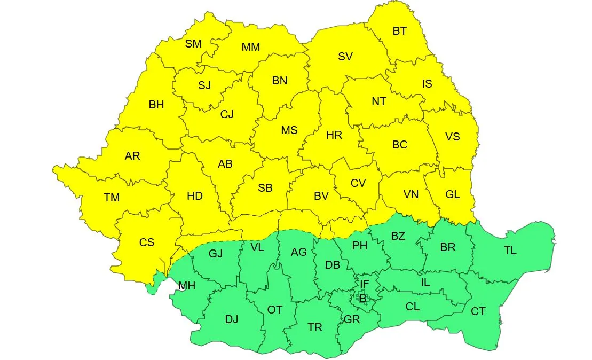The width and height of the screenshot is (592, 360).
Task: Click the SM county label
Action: (193, 44)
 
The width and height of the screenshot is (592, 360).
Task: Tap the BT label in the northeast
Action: (399, 31)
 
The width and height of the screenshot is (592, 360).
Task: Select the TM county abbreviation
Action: (112, 198)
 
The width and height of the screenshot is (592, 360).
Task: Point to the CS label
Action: (147, 242)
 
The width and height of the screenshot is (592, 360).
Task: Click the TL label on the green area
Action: (510, 250)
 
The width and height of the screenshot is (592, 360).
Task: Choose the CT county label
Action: (478, 311)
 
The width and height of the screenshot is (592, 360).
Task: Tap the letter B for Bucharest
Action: (363, 299)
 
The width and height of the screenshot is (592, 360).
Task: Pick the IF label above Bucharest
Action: (364, 284)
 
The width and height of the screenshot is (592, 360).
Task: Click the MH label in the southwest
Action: (187, 286)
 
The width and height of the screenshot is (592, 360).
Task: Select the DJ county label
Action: (232, 319)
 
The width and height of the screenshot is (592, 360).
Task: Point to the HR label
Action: (334, 136)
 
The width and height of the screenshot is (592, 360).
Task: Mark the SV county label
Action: (345, 57)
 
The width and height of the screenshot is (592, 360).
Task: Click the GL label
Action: (453, 194)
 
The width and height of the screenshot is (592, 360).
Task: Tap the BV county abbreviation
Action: (321, 196)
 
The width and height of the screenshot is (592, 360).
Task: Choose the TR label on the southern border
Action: (315, 327)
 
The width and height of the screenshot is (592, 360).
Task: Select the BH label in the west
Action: (156, 105)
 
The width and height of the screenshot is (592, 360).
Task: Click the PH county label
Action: (360, 246)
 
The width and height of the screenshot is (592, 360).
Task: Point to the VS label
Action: (452, 137)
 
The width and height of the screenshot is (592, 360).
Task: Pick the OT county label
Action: (274, 309)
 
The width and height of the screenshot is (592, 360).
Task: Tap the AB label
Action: (225, 164)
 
